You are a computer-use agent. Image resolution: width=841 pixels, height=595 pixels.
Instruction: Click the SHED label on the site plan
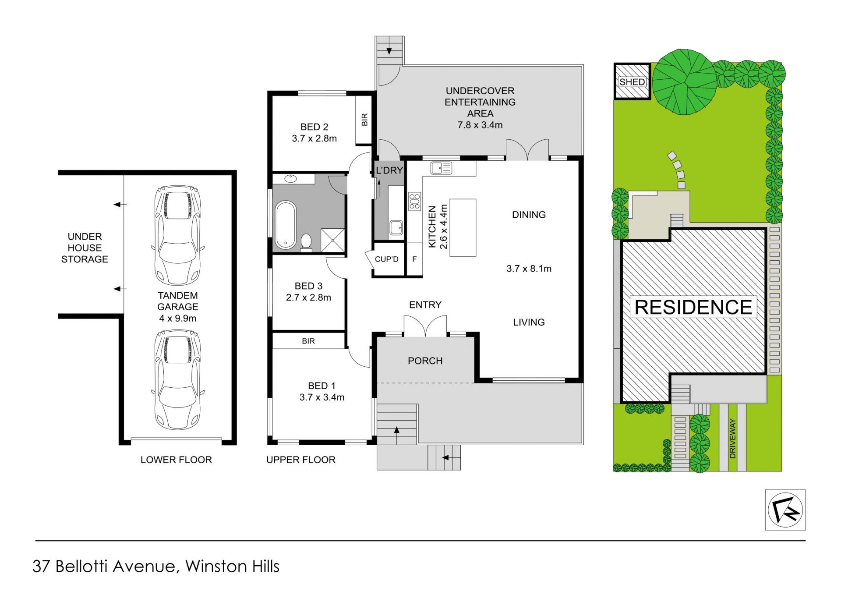tap(632, 82)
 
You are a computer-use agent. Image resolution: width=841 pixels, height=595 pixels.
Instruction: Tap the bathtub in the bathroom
tap(286, 224)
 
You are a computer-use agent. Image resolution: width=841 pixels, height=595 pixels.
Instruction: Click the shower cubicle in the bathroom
tap(333, 240)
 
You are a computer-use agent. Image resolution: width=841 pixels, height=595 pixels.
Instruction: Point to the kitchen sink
tap(441, 168)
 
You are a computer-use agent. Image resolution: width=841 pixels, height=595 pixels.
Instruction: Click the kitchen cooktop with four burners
tap(414, 202)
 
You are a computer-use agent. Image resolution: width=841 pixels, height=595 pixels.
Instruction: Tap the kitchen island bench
tap(463, 227)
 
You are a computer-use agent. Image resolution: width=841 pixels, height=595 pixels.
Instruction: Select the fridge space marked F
tap(414, 259)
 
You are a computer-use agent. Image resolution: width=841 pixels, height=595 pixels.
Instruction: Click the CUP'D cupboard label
tap(386, 259)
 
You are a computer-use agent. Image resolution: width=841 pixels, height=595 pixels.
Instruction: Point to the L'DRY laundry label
tap(389, 170)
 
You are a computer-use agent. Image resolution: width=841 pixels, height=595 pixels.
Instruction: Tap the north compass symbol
tap(785, 510)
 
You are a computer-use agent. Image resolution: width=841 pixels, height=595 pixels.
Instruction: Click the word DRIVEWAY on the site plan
tap(732, 439)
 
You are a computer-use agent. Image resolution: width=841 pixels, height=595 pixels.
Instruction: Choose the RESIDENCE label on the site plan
tap(693, 307)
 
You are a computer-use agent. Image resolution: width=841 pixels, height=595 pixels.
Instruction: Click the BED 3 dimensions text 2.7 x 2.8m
tap(308, 297)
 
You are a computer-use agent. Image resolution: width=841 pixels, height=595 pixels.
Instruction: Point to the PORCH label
tap(425, 361)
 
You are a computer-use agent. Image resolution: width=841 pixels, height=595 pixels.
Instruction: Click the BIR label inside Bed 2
tap(364, 120)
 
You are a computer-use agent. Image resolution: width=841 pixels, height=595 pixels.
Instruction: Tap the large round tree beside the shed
tap(685, 82)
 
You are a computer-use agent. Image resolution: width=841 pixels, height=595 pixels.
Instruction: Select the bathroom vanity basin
tap(290, 179)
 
